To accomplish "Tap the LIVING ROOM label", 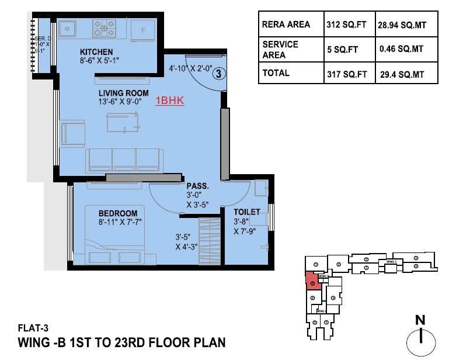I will (123, 94).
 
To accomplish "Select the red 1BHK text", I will (170, 101).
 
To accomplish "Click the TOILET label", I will (246, 212).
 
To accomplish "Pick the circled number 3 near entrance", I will (217, 74).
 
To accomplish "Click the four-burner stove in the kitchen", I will (104, 26).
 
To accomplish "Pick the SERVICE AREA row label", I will (280, 50).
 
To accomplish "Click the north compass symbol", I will (420, 339).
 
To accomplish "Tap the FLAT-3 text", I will (32, 328).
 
